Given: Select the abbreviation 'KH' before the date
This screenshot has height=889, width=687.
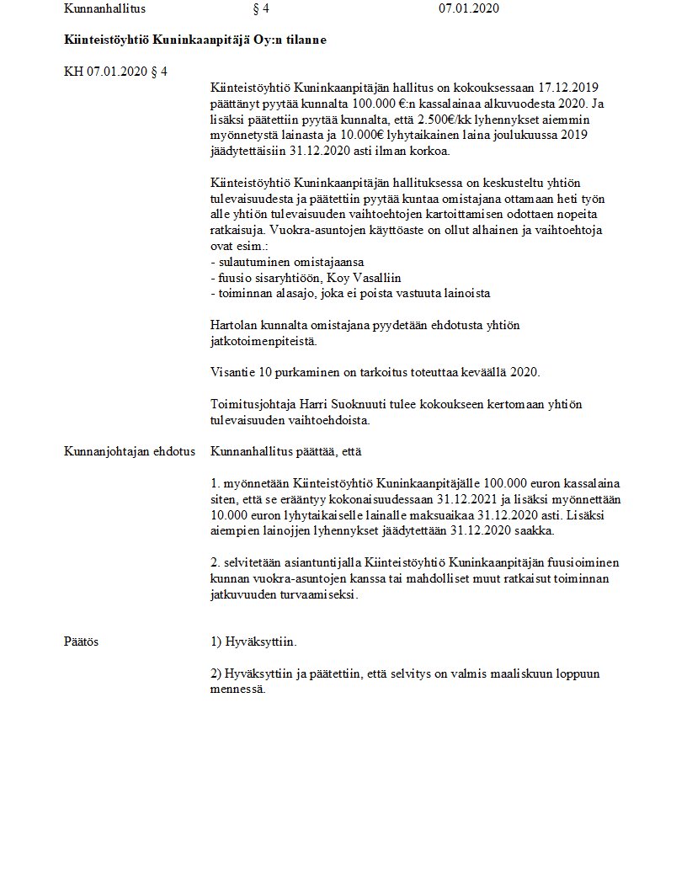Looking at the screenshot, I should point(73,72).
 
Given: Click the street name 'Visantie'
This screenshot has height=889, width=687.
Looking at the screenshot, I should point(232,372).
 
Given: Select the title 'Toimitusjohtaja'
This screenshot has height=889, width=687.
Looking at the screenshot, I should point(249,404).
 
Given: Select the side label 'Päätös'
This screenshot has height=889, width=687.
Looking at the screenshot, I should point(82,641).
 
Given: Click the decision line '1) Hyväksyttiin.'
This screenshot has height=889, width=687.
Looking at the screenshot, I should point(254,641).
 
